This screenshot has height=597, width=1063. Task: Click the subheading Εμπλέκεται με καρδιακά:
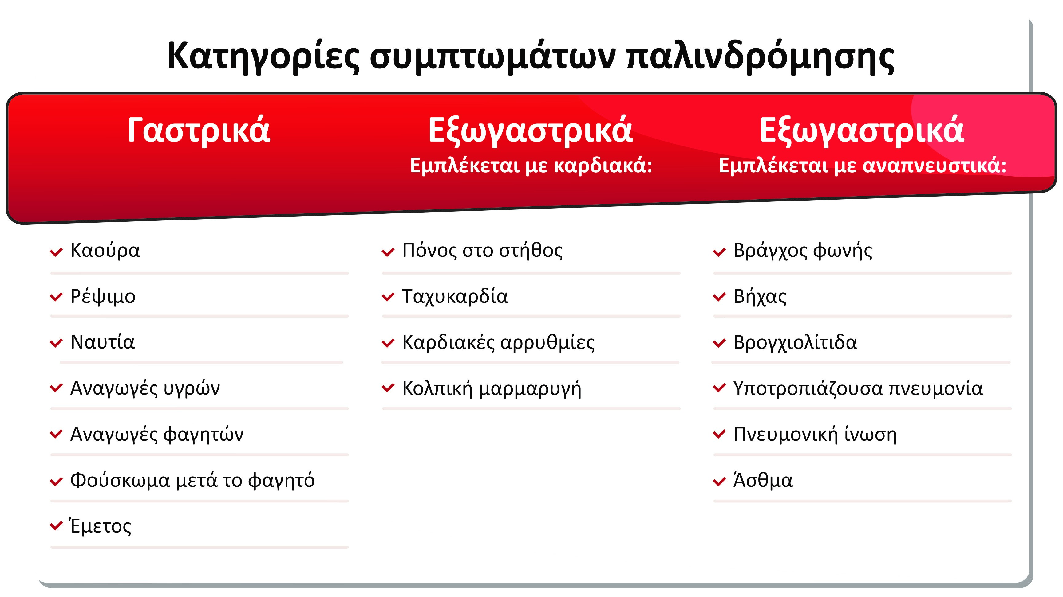pos(531,166)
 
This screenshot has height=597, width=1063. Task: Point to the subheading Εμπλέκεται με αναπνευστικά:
pos(863,166)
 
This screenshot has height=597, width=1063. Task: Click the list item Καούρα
pos(105,250)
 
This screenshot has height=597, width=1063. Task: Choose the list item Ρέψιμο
pos(103,296)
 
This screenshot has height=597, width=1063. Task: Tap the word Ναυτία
pos(102,342)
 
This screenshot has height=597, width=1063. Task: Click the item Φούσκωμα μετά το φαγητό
pos(192,480)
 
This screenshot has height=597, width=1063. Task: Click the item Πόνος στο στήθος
pos(482,250)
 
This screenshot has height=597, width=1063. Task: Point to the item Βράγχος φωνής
pos(803,250)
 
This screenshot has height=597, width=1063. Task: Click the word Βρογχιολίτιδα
pos(795,342)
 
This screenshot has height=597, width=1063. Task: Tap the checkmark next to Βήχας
pos(719,297)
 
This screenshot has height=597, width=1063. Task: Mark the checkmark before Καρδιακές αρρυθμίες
pos(388,343)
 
